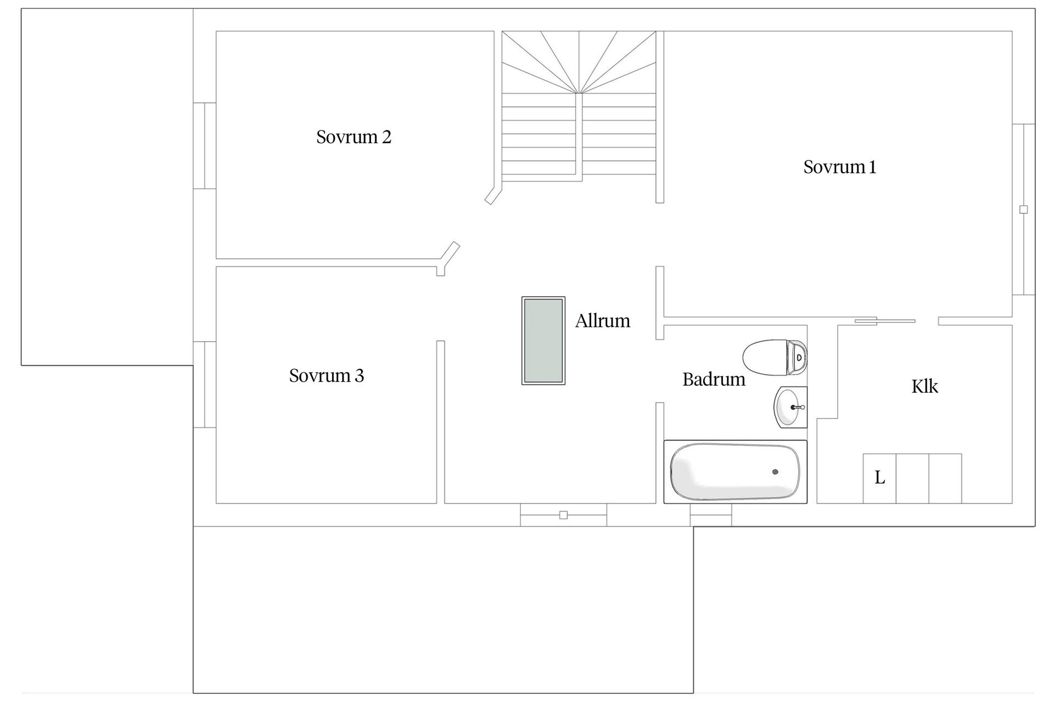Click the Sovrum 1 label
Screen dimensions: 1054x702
pyautogui.click(x=839, y=167)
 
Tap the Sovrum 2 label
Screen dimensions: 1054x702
pyautogui.click(x=354, y=137)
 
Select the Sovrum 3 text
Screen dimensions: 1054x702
pyautogui.click(x=327, y=376)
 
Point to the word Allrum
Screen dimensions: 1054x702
pyautogui.click(x=603, y=321)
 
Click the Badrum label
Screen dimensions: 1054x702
pyautogui.click(x=714, y=379)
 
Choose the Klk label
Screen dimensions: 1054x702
pyautogui.click(x=924, y=387)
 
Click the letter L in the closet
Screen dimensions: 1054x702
pyautogui.click(x=879, y=478)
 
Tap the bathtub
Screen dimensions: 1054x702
pyautogui.click(x=736, y=472)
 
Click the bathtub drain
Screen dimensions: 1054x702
pyautogui.click(x=775, y=472)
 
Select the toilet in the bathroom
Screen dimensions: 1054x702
pyautogui.click(x=775, y=357)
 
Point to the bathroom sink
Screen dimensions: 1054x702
pyautogui.click(x=790, y=407)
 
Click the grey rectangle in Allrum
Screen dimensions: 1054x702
pyautogui.click(x=543, y=341)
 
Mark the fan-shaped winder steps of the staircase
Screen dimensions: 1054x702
pyautogui.click(x=579, y=61)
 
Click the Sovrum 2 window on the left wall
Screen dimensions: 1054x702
pyautogui.click(x=205, y=146)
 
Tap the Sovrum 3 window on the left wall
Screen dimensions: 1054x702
pyautogui.click(x=205, y=384)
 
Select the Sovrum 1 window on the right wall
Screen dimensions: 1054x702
pyautogui.click(x=1023, y=210)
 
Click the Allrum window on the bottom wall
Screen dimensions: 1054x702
pyautogui.click(x=563, y=515)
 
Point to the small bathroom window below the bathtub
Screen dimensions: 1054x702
pyautogui.click(x=710, y=515)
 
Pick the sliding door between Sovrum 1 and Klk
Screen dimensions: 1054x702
pyautogui.click(x=885, y=321)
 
